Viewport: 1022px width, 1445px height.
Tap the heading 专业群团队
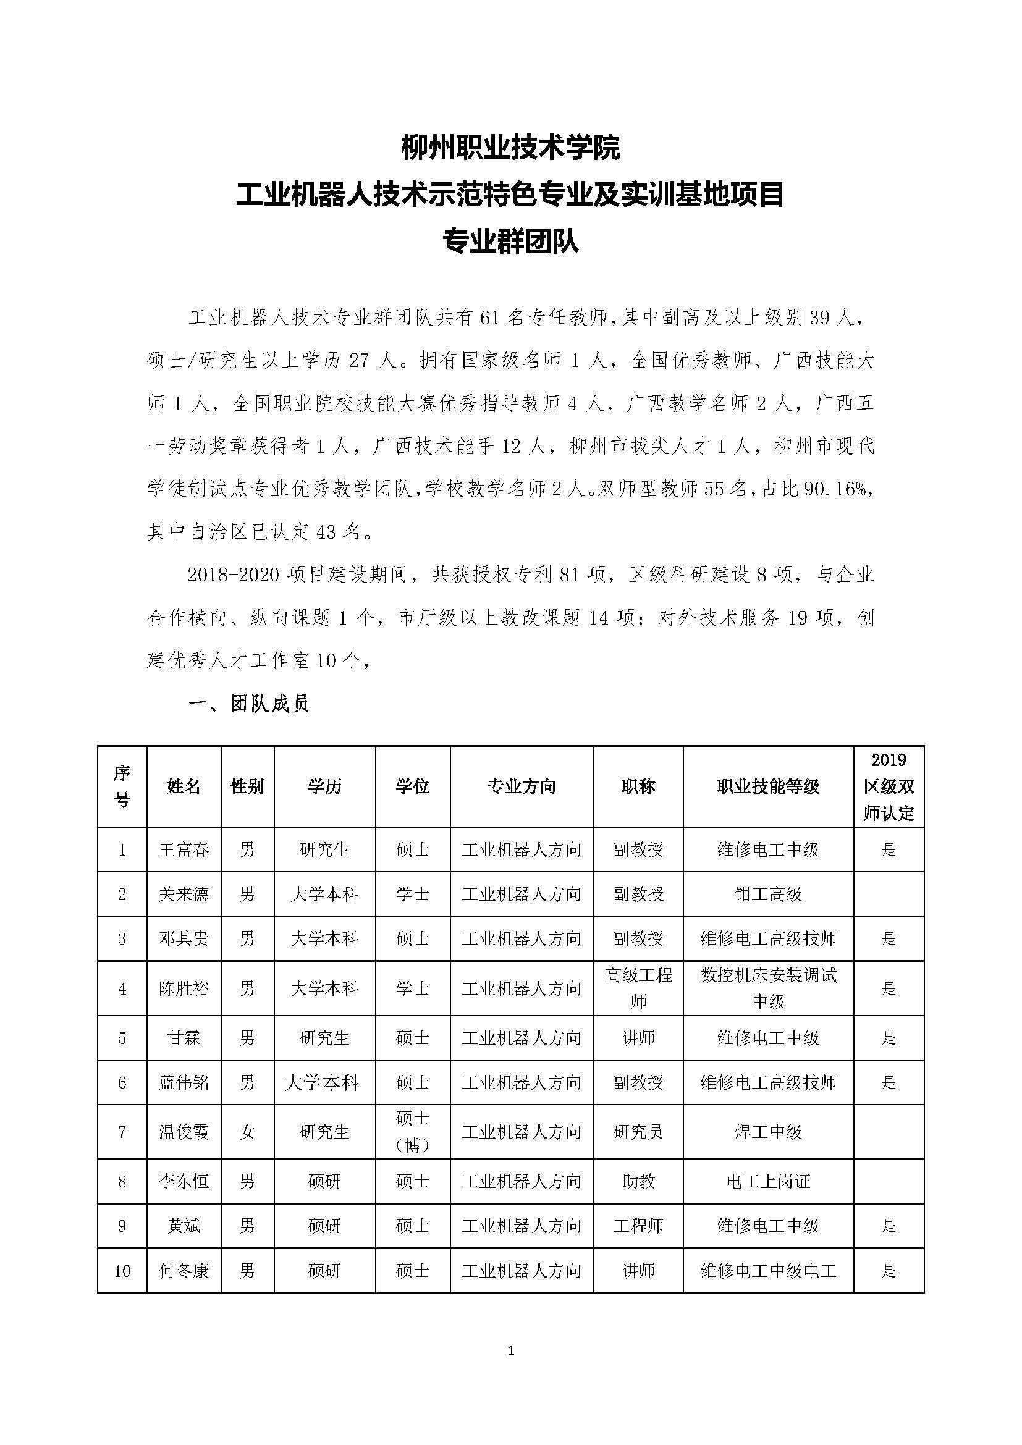510,242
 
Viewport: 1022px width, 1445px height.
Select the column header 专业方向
522,786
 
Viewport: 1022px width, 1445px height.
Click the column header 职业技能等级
768,786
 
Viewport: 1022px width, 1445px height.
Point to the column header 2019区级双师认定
889,786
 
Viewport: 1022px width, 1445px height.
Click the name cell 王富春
184,849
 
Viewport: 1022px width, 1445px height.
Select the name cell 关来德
184,894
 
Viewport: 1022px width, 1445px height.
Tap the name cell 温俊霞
184,1132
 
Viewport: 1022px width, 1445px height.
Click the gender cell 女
247,1132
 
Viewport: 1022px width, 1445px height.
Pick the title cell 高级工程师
638,988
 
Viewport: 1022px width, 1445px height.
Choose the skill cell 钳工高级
768,894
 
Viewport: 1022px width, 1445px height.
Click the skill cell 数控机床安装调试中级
768,988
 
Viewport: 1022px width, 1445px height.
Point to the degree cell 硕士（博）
412,1132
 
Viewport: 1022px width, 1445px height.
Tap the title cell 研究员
638,1132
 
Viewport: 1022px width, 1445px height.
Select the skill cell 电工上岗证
768,1181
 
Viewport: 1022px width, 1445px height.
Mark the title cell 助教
638,1181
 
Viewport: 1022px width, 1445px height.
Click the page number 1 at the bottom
510,1351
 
